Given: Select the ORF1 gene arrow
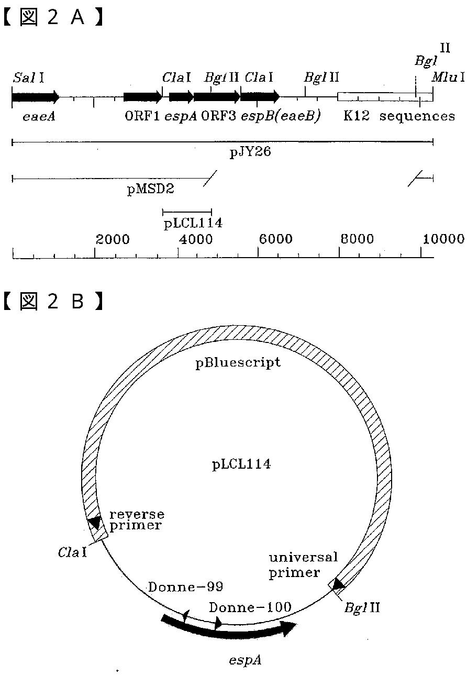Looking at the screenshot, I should coord(142,97).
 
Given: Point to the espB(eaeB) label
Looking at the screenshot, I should coord(281,116).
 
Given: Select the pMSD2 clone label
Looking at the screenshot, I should coord(151,190).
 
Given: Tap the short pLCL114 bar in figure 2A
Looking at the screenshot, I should coord(187,212).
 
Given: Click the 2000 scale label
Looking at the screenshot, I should coord(113,239).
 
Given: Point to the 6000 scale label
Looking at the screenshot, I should coord(276,239).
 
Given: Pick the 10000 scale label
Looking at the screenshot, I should coord(443,239).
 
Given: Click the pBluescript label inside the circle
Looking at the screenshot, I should coord(238,362).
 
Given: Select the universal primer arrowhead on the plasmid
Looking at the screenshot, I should coord(338,583).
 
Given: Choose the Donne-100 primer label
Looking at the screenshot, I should coord(250,607).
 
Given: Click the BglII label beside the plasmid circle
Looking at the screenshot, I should coord(362,608).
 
